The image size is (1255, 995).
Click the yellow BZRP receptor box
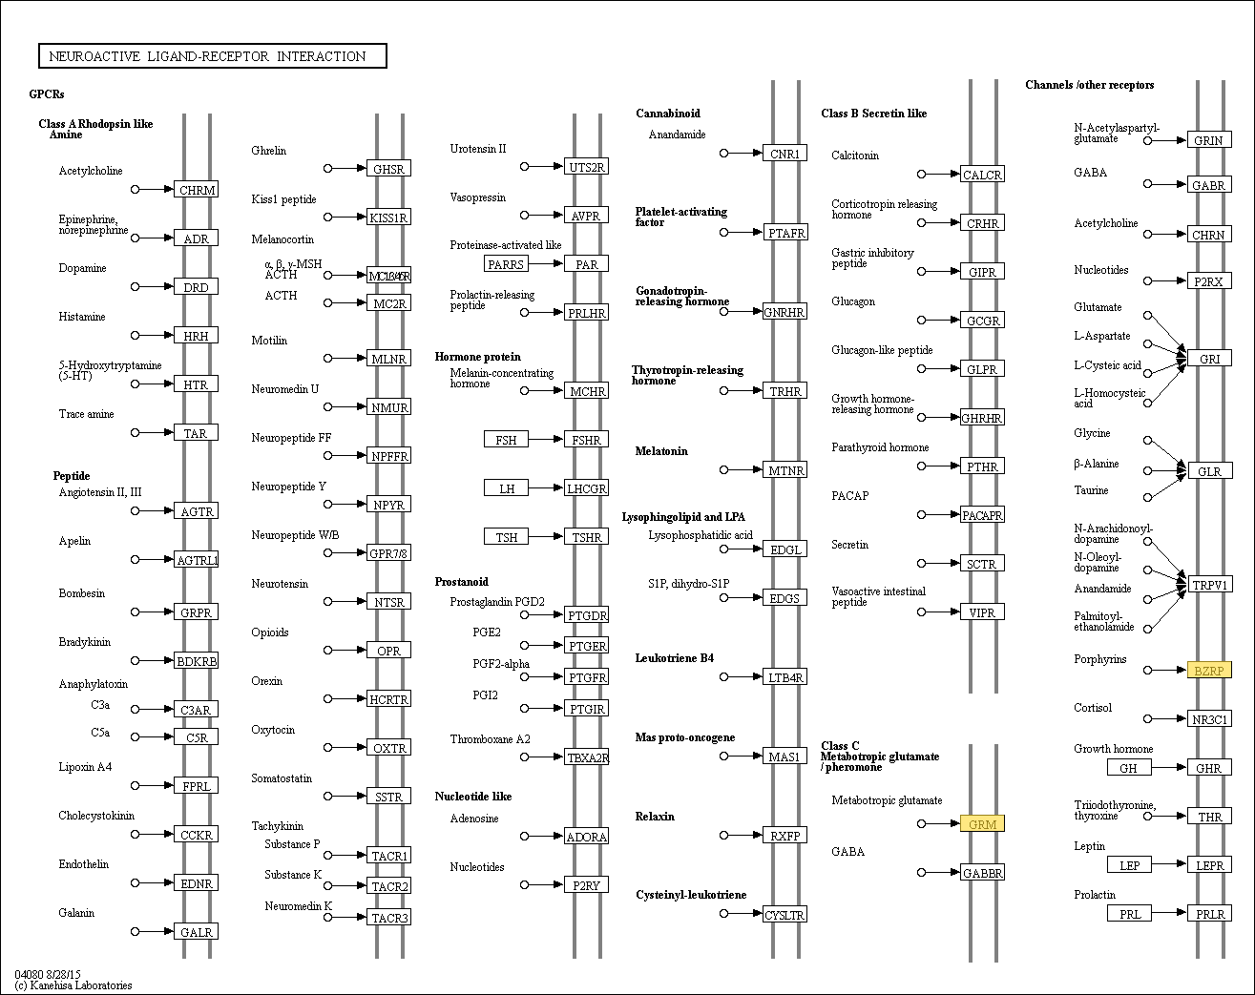1209,671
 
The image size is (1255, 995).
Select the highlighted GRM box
982,823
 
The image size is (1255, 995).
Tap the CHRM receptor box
196,190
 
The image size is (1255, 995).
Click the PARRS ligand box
506,264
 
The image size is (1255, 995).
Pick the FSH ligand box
506,439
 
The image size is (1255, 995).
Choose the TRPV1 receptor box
1210,585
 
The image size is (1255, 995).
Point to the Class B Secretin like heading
873,114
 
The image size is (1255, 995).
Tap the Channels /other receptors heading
1089,85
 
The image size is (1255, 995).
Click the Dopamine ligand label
82,268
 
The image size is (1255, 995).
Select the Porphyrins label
1099,659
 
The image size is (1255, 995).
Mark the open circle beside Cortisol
1148,718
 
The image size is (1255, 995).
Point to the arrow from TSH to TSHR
546,536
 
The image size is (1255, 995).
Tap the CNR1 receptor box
784,153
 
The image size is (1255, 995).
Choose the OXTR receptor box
389,747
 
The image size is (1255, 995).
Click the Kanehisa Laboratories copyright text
73,985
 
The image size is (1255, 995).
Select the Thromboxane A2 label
490,739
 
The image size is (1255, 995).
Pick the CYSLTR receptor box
784,915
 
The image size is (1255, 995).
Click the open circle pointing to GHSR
327,169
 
